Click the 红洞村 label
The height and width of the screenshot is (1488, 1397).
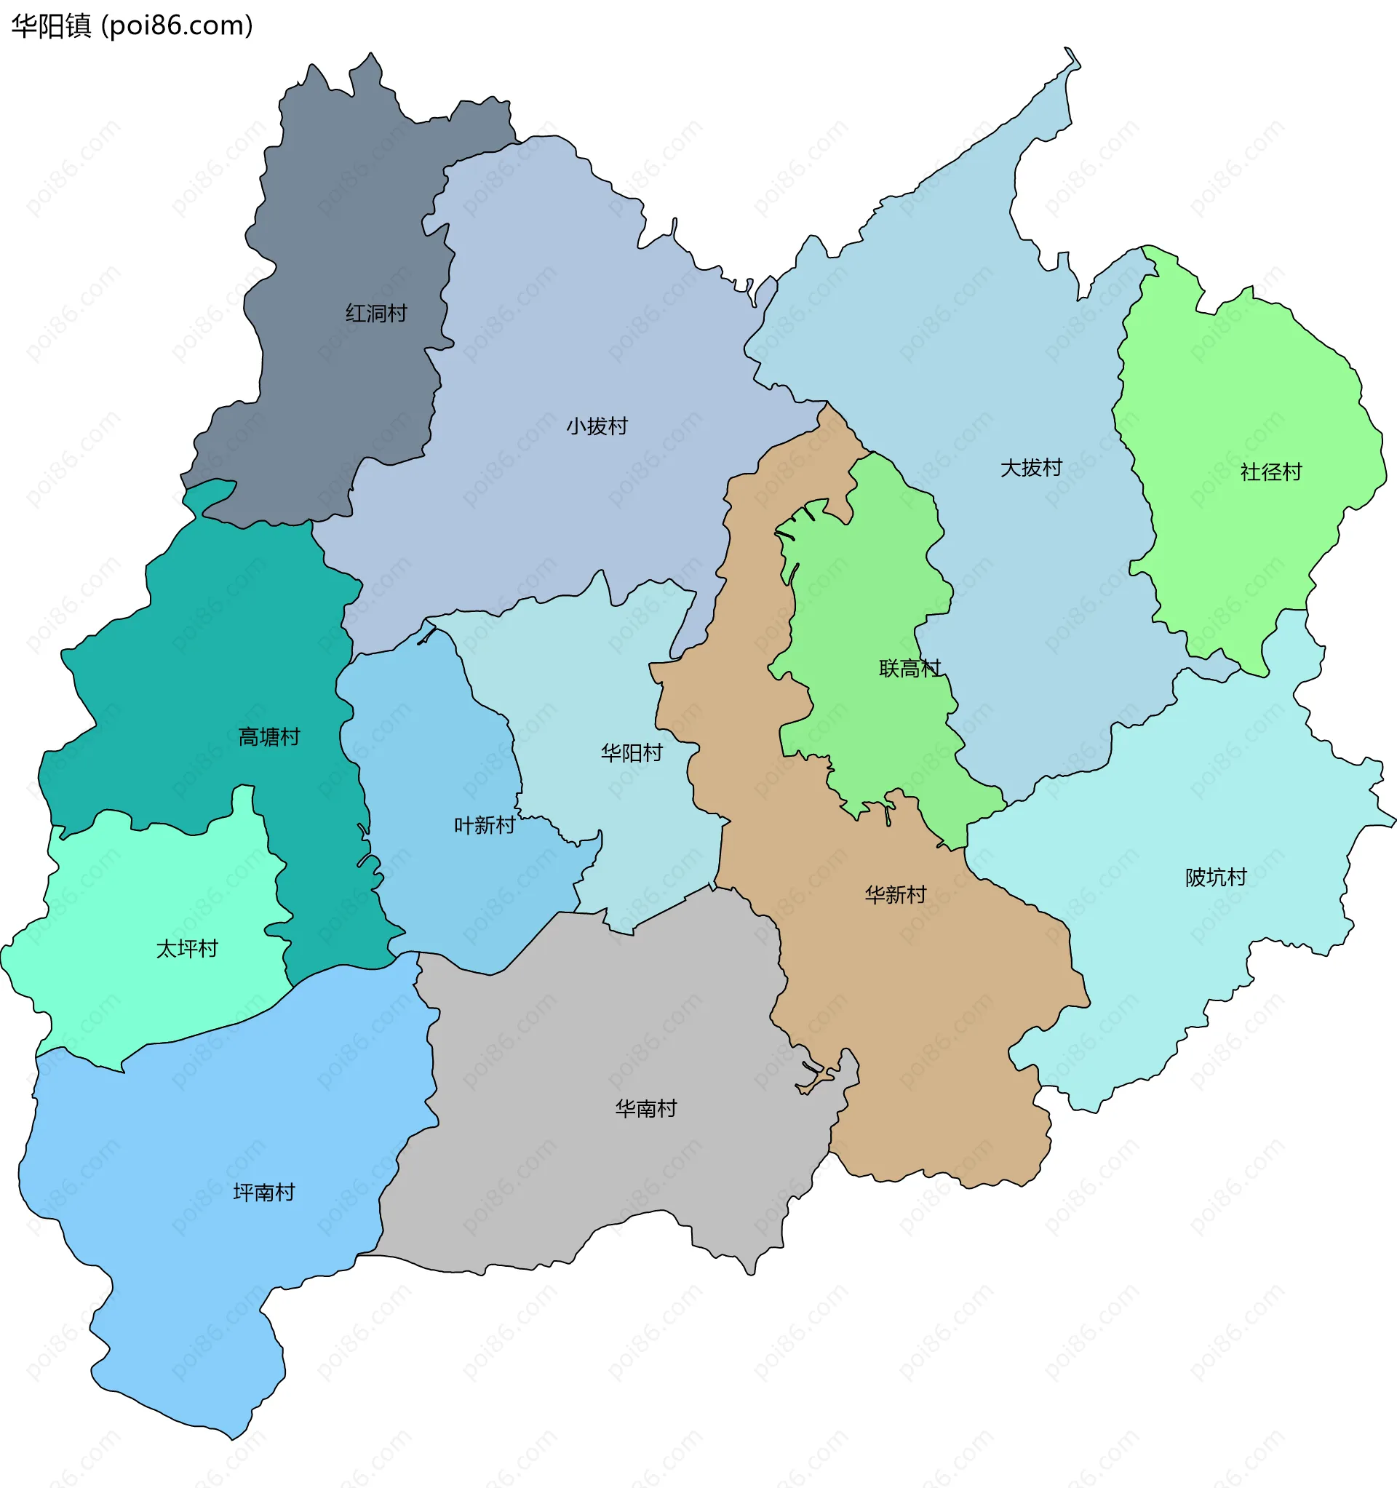[x=376, y=313]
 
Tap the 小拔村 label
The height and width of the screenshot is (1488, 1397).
[x=597, y=426]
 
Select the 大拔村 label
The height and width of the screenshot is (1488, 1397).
[x=1031, y=468]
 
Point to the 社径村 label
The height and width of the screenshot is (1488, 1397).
[x=1270, y=472]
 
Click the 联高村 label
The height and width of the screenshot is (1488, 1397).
[x=909, y=668]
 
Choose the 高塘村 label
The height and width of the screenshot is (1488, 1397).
[x=268, y=736]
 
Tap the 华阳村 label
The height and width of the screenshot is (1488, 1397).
[x=631, y=752]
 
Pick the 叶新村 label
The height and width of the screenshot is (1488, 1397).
[x=485, y=825]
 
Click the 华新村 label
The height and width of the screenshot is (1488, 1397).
[x=896, y=894]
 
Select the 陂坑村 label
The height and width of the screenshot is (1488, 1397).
[x=1216, y=877]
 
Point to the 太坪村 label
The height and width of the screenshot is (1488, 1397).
[x=186, y=948]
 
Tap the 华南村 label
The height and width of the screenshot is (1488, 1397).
[x=645, y=1107]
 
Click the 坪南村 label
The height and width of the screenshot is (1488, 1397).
[x=263, y=1192]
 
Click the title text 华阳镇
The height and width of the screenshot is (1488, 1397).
[x=51, y=25]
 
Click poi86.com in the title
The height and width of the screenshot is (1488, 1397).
[x=177, y=25]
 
